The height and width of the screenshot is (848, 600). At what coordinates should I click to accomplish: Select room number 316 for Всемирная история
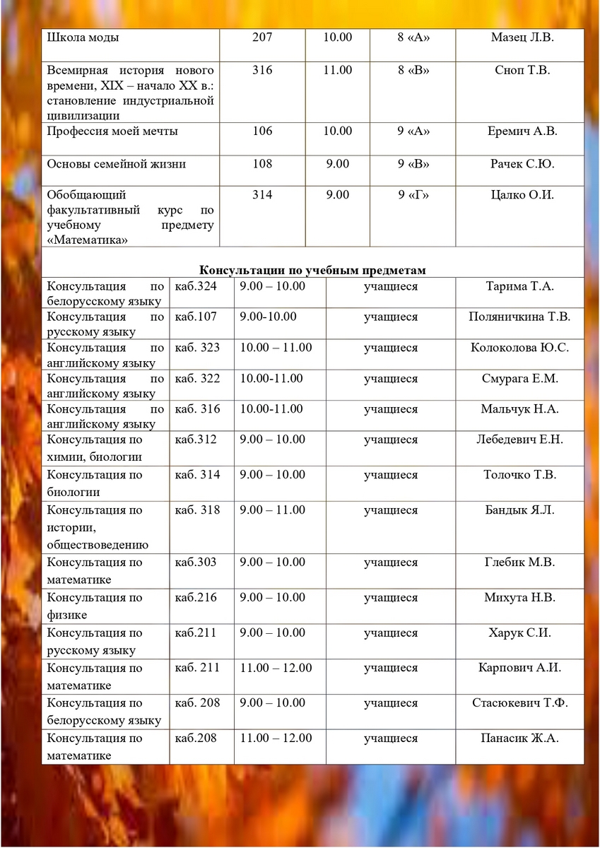point(261,70)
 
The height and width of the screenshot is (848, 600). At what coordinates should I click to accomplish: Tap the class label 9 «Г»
point(413,195)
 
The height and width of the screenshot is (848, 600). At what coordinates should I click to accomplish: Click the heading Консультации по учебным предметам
point(312,271)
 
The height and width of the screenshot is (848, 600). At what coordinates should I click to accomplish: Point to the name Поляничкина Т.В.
point(519,317)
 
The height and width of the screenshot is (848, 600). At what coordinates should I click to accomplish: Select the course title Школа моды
point(83,37)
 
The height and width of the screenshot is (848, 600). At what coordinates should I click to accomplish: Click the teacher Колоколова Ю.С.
point(519,348)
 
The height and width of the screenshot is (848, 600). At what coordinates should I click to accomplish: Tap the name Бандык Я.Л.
point(519,510)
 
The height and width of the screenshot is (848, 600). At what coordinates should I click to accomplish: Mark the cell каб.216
point(196,598)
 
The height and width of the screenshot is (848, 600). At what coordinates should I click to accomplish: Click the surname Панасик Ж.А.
point(519,738)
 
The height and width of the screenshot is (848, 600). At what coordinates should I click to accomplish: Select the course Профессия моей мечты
point(112,131)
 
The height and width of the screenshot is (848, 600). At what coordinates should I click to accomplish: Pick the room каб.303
point(196,563)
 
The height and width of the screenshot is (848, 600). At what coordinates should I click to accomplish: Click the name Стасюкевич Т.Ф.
point(519,703)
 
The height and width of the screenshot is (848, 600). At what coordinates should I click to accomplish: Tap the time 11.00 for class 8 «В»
point(338,70)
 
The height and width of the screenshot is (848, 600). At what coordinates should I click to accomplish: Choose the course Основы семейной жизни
point(116,164)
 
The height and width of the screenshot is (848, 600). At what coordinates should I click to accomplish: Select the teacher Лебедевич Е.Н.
point(519,440)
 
